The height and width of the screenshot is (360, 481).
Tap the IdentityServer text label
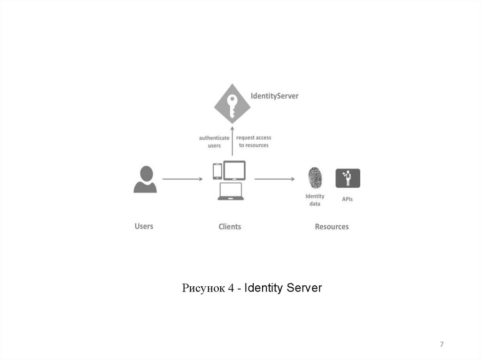[275, 96]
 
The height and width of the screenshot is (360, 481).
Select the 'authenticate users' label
[214, 142]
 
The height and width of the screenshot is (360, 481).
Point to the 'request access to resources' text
[254, 141]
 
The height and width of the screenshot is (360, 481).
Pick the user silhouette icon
[145, 179]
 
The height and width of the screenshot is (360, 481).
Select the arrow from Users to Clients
[182, 179]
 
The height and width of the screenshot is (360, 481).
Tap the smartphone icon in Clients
[217, 171]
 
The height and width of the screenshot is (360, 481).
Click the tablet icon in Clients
[234, 170]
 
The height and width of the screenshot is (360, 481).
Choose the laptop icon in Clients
[231, 191]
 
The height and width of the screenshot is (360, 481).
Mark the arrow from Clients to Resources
[274, 179]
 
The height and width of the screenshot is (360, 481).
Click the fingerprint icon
[315, 179]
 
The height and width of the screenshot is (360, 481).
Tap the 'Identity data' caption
[315, 200]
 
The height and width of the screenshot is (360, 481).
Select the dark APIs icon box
[348, 178]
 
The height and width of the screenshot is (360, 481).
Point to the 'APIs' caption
[347, 199]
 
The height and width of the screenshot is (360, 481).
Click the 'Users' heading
[144, 226]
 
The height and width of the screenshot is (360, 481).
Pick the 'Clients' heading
[230, 227]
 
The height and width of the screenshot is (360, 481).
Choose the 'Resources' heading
[332, 227]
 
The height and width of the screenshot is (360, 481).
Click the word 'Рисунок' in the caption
[203, 288]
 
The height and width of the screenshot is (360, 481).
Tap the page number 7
[442, 345]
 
